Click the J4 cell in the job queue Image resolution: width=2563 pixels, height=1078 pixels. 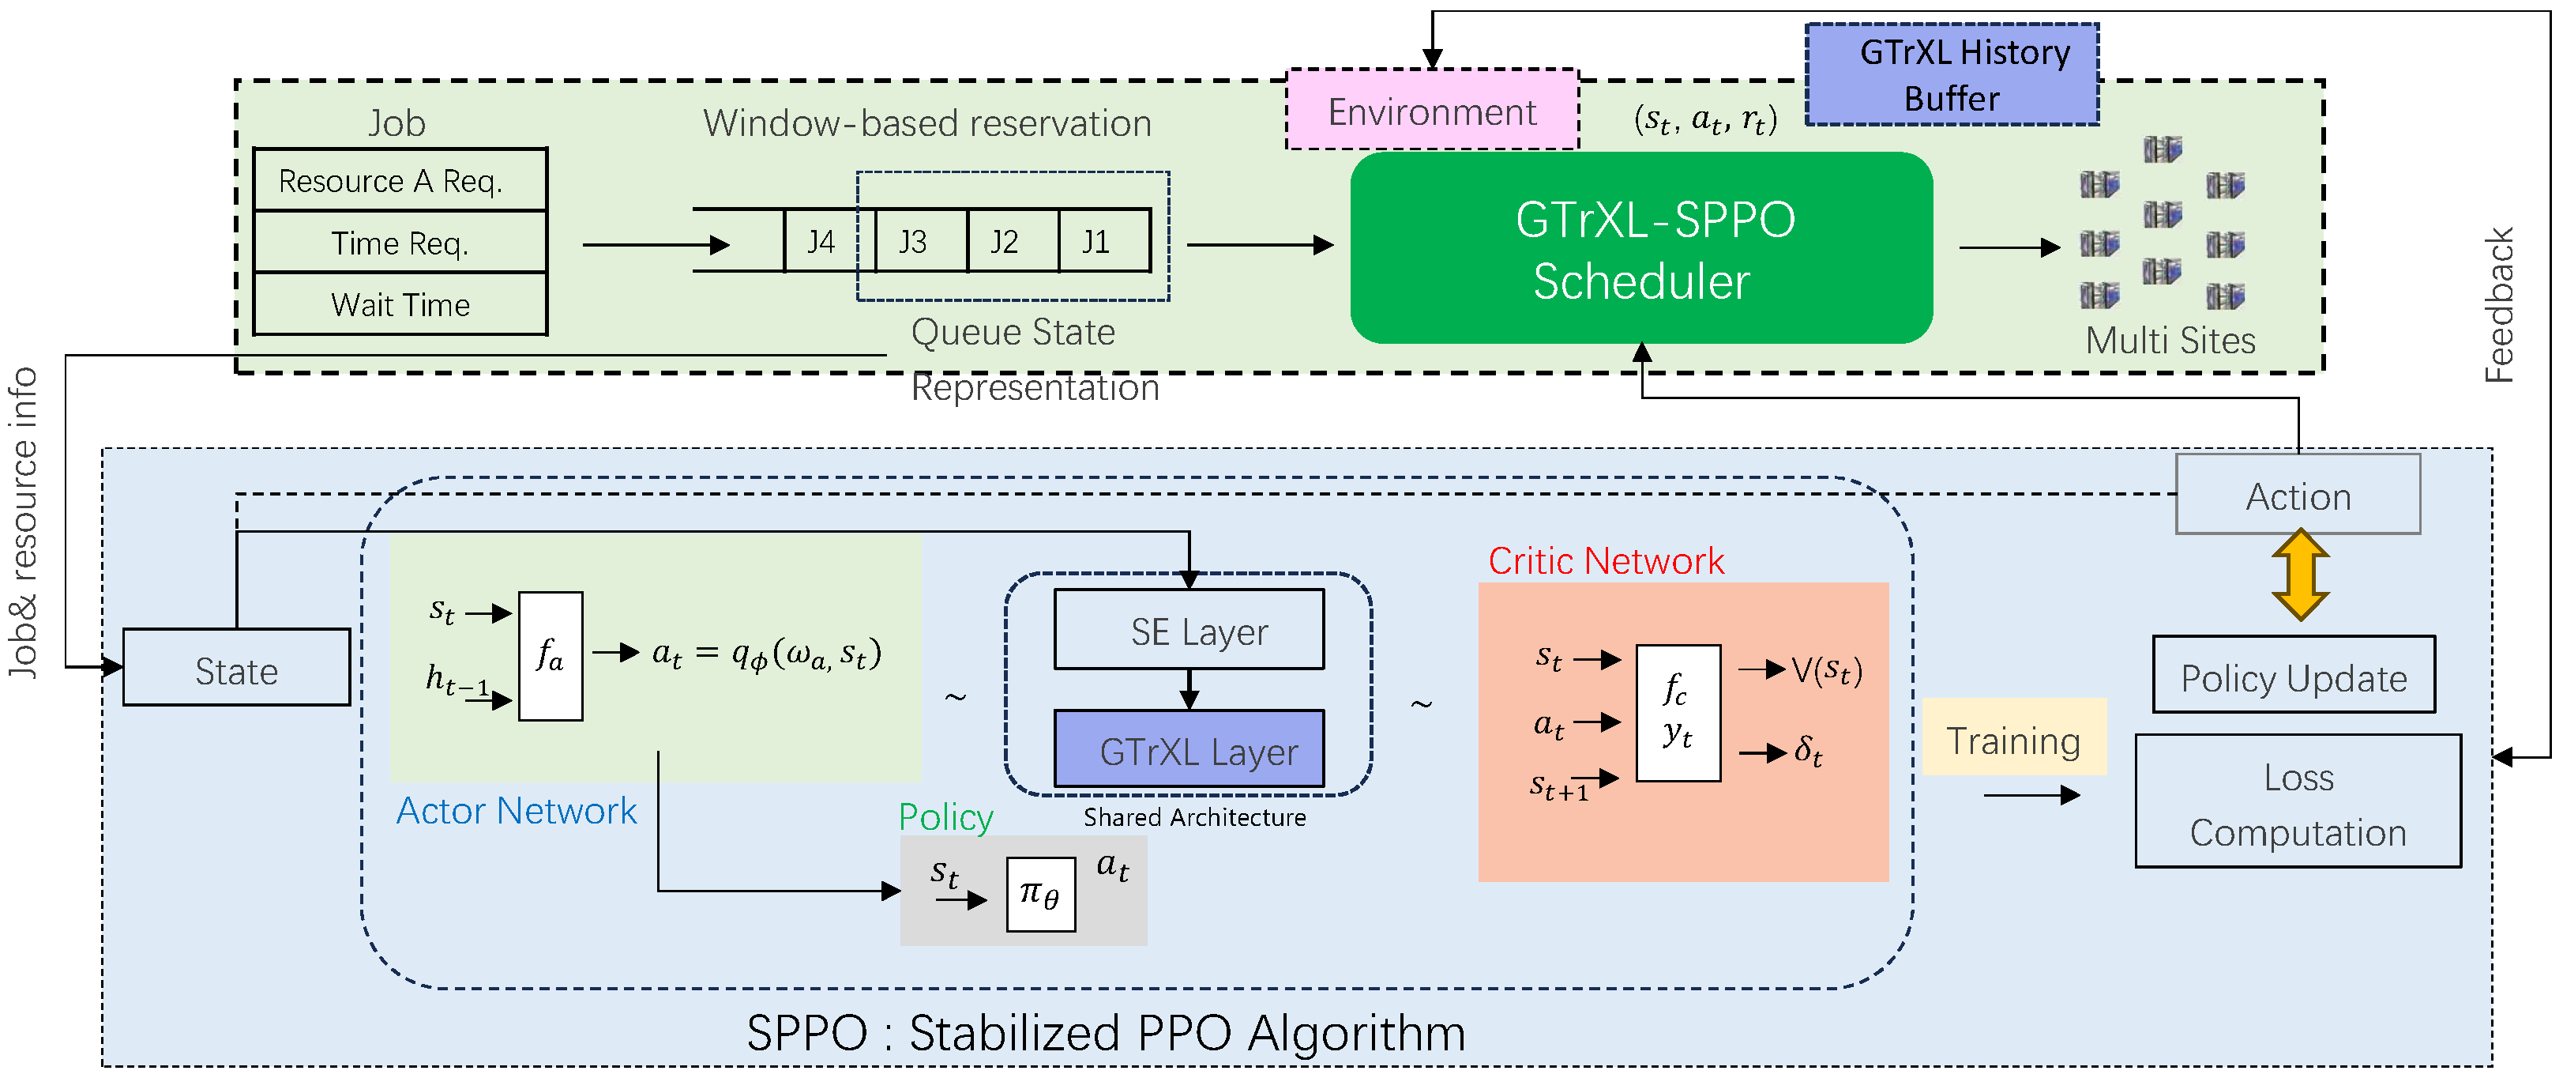[x=821, y=241]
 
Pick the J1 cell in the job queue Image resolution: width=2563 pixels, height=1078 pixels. [x=1096, y=241]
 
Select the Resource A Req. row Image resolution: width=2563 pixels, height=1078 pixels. [x=400, y=181]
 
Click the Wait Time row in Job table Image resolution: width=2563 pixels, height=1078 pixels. [x=400, y=304]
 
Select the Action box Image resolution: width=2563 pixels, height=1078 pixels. [x=2298, y=496]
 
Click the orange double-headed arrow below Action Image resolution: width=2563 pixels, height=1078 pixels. [x=2299, y=575]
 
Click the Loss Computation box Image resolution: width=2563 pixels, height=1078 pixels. [x=2298, y=802]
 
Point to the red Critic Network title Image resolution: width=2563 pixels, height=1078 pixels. [x=1605, y=560]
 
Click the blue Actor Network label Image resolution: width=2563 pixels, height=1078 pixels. [x=516, y=810]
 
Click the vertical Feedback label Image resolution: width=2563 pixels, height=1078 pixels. [x=2498, y=304]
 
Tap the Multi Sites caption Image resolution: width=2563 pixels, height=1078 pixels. [x=2169, y=341]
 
